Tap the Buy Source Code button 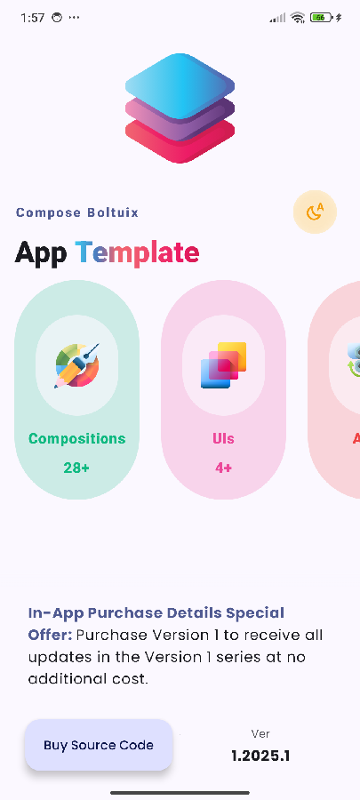pyautogui.click(x=98, y=745)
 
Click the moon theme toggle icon pyautogui.click(x=315, y=212)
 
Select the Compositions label pyautogui.click(x=76, y=438)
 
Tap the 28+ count pyautogui.click(x=76, y=467)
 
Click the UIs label pyautogui.click(x=223, y=438)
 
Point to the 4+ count pyautogui.click(x=223, y=467)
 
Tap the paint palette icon pyautogui.click(x=76, y=365)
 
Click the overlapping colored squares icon pyautogui.click(x=223, y=365)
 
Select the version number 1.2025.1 pyautogui.click(x=260, y=756)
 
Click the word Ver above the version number pyautogui.click(x=260, y=734)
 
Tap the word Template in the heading pyautogui.click(x=137, y=252)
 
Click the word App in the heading pyautogui.click(x=40, y=252)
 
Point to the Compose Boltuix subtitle pyautogui.click(x=77, y=212)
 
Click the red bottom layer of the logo pyautogui.click(x=180, y=145)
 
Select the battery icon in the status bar pyautogui.click(x=322, y=18)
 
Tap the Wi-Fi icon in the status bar pyautogui.click(x=298, y=18)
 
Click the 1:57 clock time pyautogui.click(x=32, y=18)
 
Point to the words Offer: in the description pyautogui.click(x=50, y=635)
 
